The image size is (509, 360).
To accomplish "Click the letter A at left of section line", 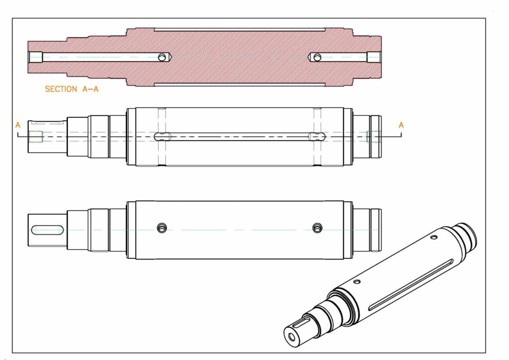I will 18,125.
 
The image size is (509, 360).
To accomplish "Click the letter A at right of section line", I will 401,125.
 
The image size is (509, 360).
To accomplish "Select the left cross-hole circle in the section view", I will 162,58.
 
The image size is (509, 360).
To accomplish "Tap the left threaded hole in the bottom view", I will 162,228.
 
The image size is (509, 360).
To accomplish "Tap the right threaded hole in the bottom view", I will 317,228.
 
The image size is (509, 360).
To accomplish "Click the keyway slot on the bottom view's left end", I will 47,230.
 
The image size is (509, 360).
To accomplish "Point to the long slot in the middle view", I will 239,137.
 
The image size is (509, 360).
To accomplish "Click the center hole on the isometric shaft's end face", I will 292,337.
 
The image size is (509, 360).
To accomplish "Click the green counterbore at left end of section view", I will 36,57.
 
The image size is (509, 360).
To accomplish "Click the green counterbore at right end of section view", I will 373,57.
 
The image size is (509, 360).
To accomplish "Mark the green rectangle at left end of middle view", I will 36,136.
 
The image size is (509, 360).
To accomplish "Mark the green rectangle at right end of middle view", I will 373,136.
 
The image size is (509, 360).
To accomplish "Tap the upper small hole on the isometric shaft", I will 434,238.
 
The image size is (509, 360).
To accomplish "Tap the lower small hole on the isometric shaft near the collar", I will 357,282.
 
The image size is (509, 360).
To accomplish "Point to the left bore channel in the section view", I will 99,57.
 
